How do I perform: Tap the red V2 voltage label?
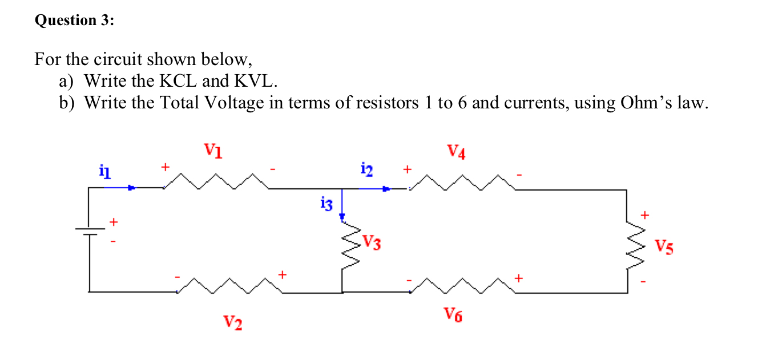(x=232, y=323)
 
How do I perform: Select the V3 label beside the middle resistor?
(x=372, y=244)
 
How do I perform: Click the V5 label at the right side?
(x=664, y=247)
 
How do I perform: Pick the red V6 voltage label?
(x=453, y=314)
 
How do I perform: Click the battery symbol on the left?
(x=90, y=232)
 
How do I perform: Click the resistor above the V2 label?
(x=230, y=286)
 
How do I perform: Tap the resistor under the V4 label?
(x=462, y=182)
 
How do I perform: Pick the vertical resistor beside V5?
(x=627, y=248)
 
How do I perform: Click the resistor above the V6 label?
(x=463, y=286)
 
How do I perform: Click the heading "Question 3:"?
(x=74, y=21)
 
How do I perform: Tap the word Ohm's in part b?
(x=644, y=103)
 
